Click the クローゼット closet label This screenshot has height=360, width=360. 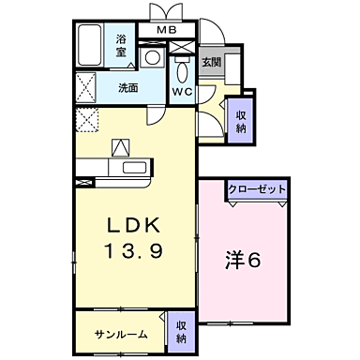coord(256,188)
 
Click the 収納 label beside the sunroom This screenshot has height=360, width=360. coord(181,331)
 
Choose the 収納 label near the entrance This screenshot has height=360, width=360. coord(241,122)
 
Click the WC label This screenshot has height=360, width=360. coord(182,92)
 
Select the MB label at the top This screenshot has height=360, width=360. coord(165,30)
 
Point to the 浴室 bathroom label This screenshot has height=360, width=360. coord(122,46)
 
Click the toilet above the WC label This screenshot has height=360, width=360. coord(182,68)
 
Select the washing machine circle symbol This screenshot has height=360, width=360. coord(151,57)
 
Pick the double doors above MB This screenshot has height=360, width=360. coord(165,12)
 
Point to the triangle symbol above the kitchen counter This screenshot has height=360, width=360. coord(122,148)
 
